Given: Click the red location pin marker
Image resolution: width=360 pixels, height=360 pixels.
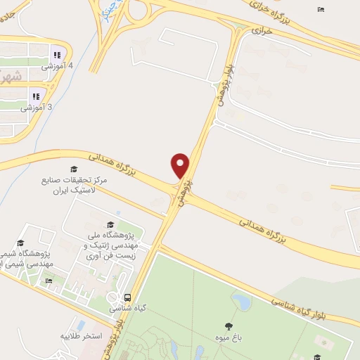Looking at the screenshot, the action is coord(181,165).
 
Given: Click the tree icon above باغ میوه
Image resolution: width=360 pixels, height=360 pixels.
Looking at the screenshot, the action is coord(229,326).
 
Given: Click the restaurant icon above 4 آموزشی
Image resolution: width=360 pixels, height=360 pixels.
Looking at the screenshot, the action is coord(57,55).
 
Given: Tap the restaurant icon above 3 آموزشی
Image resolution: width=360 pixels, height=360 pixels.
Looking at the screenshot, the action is coord(34,96).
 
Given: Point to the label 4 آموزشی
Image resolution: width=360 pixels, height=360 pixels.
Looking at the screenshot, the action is coord(57,66).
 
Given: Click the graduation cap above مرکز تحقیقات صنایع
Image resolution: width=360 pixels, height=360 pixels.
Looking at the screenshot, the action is coord(73,169).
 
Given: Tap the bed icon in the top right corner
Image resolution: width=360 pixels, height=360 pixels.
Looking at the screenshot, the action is coord(321,9).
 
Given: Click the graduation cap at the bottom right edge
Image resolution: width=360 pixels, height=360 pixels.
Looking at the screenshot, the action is coord(317,357).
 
